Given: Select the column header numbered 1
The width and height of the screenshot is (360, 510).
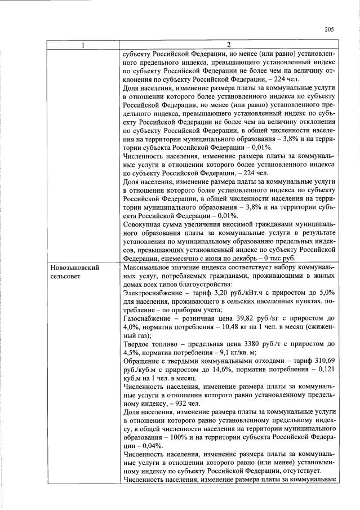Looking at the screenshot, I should coord(82,45).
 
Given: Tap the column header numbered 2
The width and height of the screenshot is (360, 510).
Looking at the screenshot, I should coord(229,45).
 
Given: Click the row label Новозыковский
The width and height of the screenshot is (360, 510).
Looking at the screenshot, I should coord(74,268).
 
